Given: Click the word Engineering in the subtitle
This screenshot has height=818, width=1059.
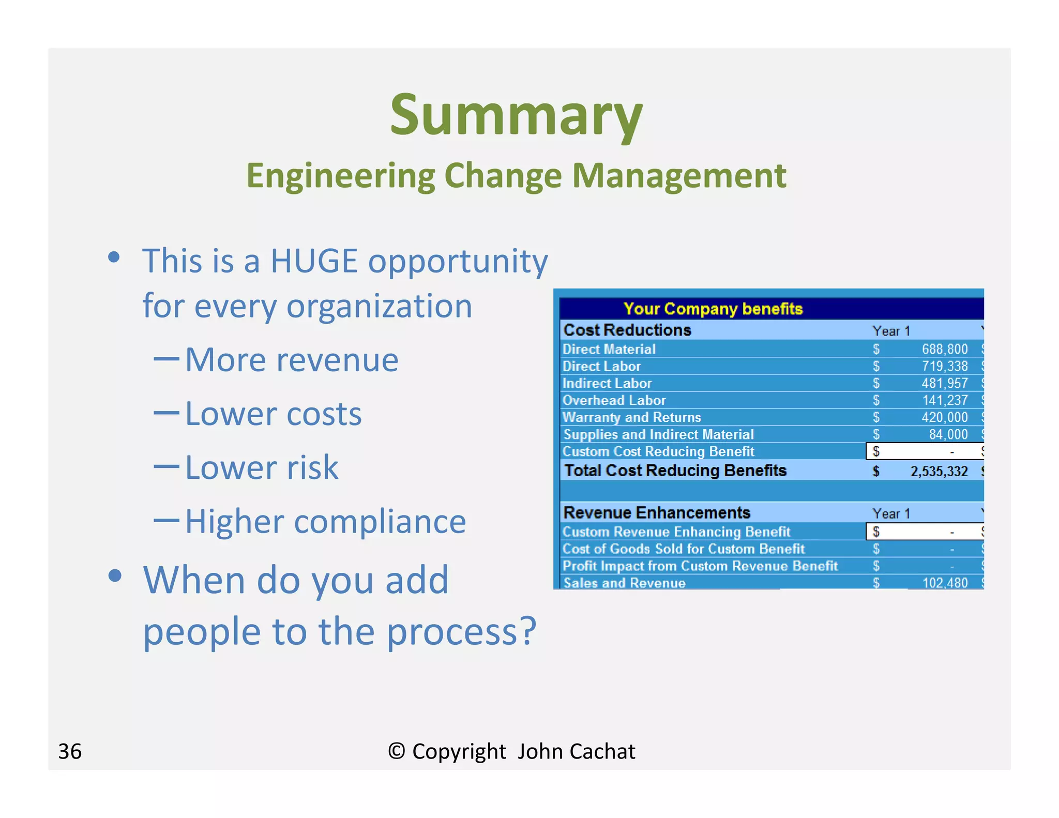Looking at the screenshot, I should click(x=340, y=176).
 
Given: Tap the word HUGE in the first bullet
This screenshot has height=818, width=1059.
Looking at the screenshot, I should click(x=314, y=261).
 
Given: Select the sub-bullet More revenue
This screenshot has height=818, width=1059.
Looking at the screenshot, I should click(x=292, y=360).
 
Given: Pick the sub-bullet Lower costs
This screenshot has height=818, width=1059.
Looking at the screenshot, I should click(x=273, y=414).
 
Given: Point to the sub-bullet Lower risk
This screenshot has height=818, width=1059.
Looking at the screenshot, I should click(x=262, y=468).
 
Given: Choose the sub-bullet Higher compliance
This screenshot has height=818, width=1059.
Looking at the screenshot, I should click(x=325, y=522).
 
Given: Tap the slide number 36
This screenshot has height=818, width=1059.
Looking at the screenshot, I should click(x=70, y=751).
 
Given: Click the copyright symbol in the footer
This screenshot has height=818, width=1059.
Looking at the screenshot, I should click(x=397, y=751).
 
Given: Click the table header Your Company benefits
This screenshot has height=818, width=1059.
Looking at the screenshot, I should click(x=713, y=309).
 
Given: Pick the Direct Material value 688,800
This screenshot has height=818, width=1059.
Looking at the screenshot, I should click(x=944, y=349).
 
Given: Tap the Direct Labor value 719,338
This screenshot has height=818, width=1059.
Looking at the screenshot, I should click(x=944, y=366).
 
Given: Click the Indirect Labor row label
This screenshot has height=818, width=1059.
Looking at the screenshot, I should click(x=607, y=383).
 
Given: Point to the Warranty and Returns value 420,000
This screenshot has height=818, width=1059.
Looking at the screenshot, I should click(x=944, y=417).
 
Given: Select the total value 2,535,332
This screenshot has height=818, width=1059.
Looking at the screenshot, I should click(x=939, y=471).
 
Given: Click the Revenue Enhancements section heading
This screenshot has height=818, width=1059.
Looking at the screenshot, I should click(x=657, y=513).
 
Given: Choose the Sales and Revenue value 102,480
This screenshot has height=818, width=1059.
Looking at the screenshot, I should click(x=945, y=583).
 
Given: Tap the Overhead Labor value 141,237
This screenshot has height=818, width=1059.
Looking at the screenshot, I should click(x=945, y=400).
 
